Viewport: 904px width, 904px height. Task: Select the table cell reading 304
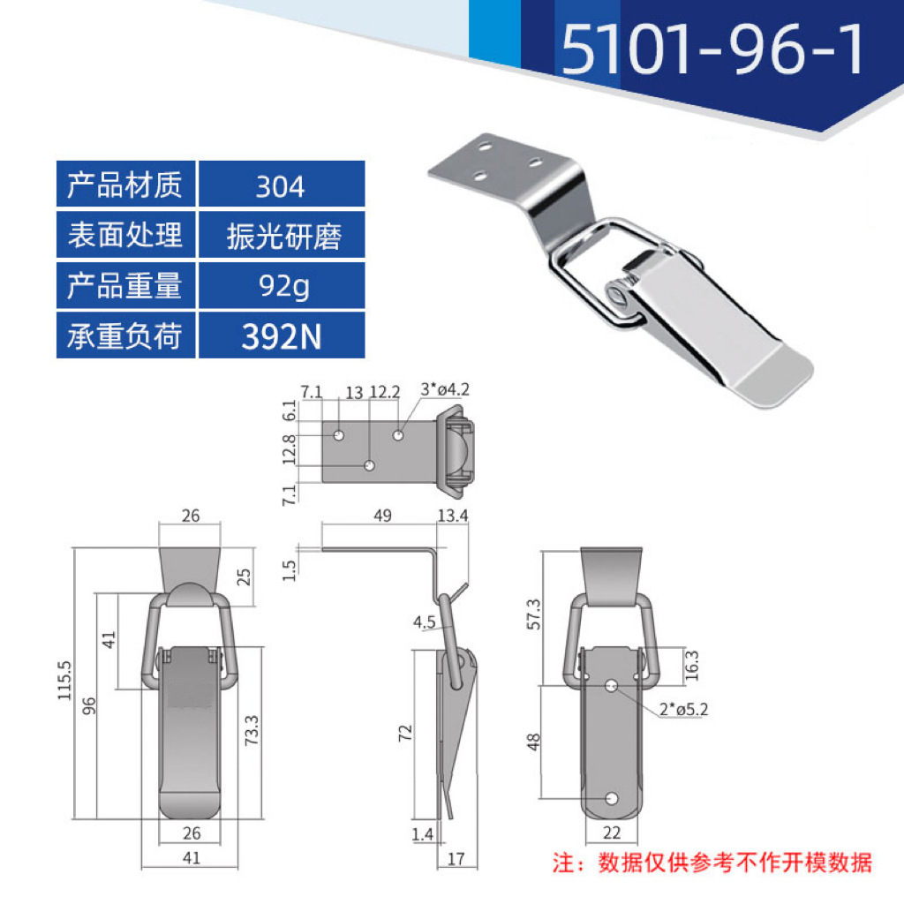point(280,186)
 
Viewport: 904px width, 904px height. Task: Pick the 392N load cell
point(282,336)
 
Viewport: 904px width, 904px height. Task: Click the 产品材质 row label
point(125,186)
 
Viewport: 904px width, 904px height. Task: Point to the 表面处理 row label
point(125,236)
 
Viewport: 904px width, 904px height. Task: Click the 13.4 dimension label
point(452,516)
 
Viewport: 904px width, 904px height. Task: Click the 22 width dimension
point(612,832)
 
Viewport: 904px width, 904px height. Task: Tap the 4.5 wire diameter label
point(424,623)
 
